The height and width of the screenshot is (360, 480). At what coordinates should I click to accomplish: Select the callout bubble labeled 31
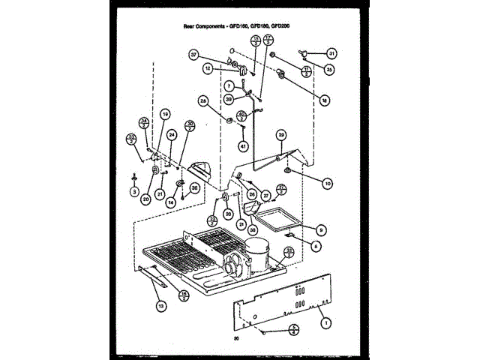[x=331, y=53]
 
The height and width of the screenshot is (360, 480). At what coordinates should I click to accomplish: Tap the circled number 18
[x=325, y=98]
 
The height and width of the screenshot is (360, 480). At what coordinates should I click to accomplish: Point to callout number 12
[x=207, y=69]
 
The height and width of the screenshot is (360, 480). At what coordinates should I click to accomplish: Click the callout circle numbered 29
[x=281, y=135]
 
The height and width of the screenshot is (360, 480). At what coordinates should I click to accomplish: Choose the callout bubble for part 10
[x=327, y=182]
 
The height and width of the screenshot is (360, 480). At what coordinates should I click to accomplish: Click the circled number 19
[x=165, y=114]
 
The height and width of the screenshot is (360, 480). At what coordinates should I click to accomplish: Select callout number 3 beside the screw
[x=133, y=192]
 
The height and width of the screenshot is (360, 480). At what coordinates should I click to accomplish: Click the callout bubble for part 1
[x=325, y=323]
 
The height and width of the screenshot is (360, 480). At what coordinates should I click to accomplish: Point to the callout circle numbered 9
[x=321, y=229]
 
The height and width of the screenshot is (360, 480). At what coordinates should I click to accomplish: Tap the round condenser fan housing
[x=234, y=270]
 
